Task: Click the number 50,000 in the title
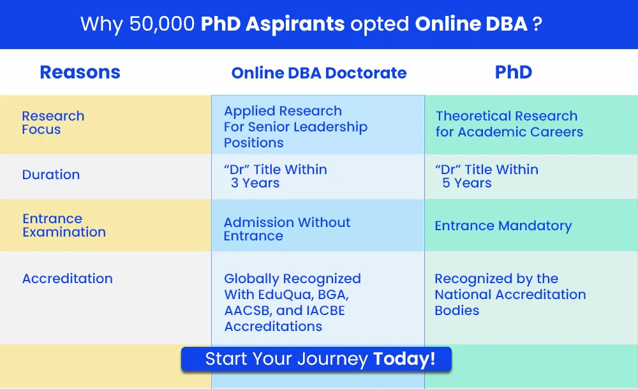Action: [162, 24]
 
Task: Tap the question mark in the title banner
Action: [537, 24]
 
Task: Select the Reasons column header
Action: [80, 73]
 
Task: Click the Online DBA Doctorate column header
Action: [319, 73]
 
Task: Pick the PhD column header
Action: [514, 73]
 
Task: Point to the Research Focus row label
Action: [54, 122]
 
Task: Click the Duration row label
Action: [51, 175]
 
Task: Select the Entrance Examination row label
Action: [64, 225]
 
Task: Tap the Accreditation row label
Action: [68, 279]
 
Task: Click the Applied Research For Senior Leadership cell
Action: [296, 126]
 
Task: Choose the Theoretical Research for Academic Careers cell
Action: [509, 124]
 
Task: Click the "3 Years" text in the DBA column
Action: [255, 183]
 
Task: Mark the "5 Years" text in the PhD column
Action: [467, 183]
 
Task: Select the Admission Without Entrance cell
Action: [287, 229]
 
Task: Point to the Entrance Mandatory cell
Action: [503, 226]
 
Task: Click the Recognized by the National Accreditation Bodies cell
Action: [510, 295]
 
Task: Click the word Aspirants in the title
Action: [295, 24]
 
